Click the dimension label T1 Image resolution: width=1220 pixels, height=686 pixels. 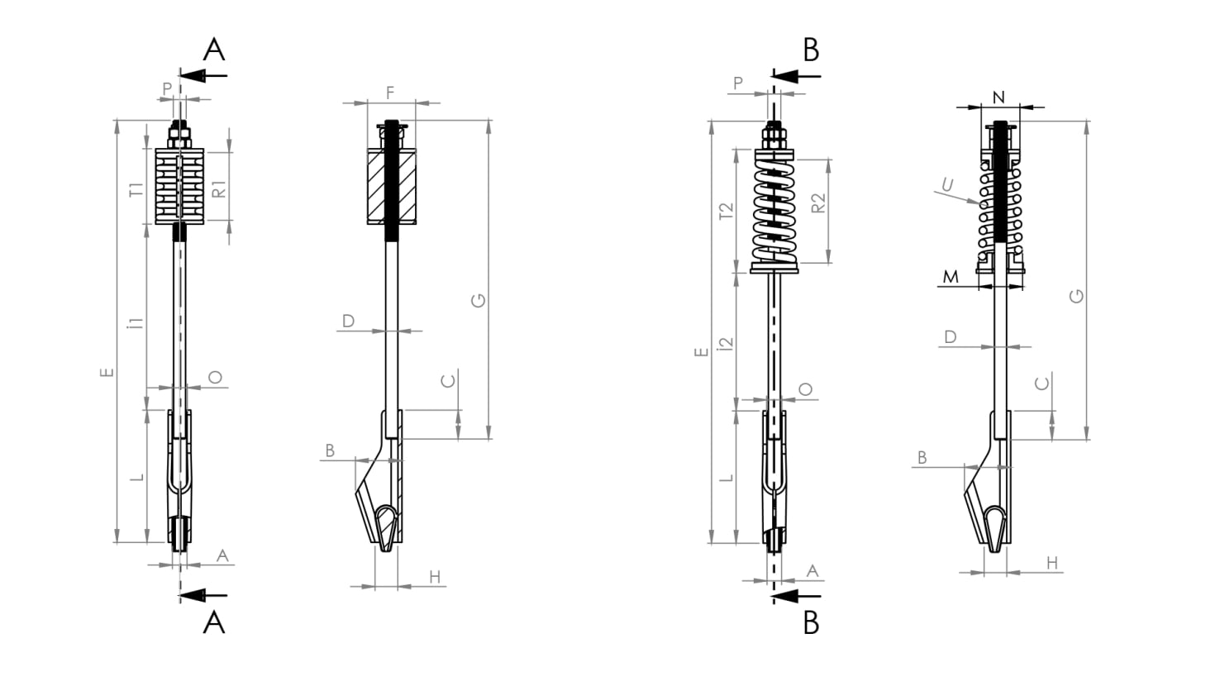pos(136,189)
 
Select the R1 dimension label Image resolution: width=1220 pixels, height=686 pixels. pos(218,189)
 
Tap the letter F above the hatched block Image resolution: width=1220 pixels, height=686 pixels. pos(390,93)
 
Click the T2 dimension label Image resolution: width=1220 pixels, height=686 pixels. pos(727,211)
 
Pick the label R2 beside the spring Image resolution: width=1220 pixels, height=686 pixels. pos(818,203)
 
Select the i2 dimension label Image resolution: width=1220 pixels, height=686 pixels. pos(726,343)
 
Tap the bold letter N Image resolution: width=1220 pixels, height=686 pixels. pos(998,98)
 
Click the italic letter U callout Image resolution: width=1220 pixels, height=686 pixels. pos(948,185)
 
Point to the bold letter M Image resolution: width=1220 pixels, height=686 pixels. pos(951,277)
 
